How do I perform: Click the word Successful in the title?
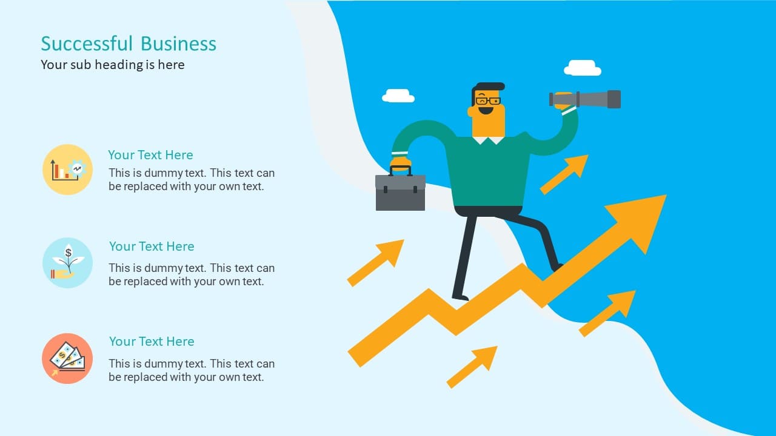pos(87,44)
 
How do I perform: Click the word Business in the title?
pos(178,44)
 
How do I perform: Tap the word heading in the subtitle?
pos(119,65)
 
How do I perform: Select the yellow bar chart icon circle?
pos(67,170)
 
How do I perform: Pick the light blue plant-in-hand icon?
pos(67,263)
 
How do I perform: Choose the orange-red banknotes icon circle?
pos(67,358)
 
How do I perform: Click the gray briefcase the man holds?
pos(401,190)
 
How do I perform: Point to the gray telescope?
pos(586,99)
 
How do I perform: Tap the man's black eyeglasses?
pos(488,101)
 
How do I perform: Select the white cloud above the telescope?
pos(583,68)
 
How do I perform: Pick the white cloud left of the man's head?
pos(398,96)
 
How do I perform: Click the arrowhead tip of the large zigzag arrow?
pos(666,195)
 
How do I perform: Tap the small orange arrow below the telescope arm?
pos(564,174)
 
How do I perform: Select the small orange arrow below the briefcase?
pos(375,263)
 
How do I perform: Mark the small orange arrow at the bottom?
pos(472,367)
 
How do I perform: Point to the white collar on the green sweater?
pos(489,140)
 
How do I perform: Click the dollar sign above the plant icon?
pos(69,253)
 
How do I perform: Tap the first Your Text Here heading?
pos(150,155)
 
